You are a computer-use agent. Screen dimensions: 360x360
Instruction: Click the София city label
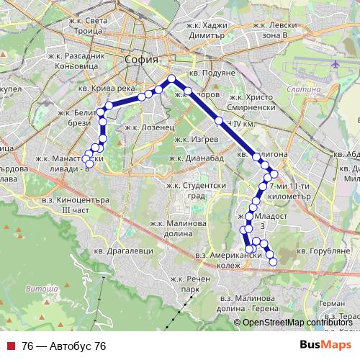tap(140, 60)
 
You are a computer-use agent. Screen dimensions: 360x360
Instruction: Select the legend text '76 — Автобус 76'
tap(64, 346)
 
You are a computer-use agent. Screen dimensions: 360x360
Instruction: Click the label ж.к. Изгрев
tap(190, 140)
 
